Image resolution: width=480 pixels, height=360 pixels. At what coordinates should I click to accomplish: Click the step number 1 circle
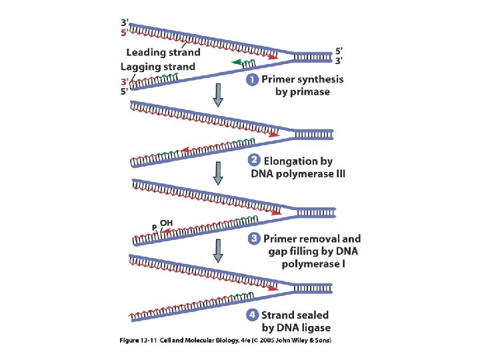[252, 79]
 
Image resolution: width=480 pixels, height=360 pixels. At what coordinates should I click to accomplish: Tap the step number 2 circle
[253, 161]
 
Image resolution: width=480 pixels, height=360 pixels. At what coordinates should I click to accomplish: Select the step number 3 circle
[253, 238]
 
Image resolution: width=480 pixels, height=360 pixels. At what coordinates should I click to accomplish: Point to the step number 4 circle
[252, 315]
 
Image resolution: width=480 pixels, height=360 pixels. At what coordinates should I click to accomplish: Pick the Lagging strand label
[158, 67]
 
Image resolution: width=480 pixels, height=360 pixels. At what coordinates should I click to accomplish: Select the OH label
[166, 223]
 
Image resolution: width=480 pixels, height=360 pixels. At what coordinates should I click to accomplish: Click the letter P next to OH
[154, 227]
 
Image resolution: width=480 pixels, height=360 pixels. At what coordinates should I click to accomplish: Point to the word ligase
[315, 327]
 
